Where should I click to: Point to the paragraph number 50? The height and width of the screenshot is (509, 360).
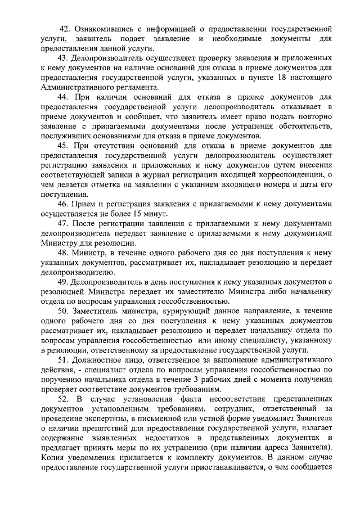66,310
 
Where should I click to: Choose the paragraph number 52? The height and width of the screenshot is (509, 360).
66,400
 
